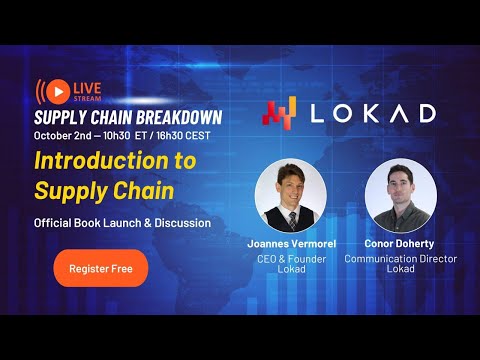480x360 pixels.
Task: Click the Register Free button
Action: [x=100, y=268]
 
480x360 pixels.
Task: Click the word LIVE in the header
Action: [x=86, y=86]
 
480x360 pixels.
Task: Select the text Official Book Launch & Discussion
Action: [x=122, y=222]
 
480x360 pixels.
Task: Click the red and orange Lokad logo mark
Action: [x=280, y=112]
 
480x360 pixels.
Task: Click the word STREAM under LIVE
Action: [x=86, y=98]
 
